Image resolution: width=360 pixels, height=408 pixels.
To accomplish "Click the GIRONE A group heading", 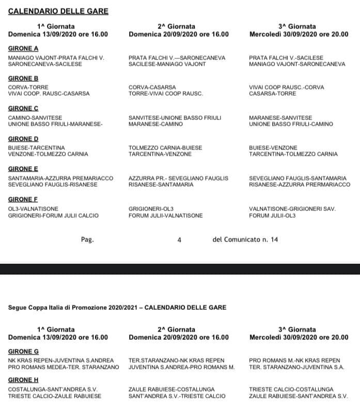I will pyautogui.click(x=23, y=49).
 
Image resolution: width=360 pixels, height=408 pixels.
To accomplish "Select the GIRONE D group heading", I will pyautogui.click(x=23, y=139).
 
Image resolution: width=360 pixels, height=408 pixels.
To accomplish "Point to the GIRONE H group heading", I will pyautogui.click(x=23, y=379).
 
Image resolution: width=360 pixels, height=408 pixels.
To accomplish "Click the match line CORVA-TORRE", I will pyautogui.click(x=28, y=87).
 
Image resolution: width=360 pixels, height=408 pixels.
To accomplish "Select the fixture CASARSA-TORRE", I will pyautogui.click(x=272, y=94).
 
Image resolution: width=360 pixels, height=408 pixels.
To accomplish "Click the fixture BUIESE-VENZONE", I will pyautogui.click(x=273, y=147).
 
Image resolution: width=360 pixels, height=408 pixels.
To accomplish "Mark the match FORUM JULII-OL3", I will pyautogui.click(x=272, y=215).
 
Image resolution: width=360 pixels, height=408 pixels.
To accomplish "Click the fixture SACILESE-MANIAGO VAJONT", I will pyautogui.click(x=167, y=64).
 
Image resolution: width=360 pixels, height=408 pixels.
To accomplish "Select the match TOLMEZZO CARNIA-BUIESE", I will pyautogui.click(x=165, y=147).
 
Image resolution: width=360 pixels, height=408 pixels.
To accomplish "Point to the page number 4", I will pyautogui.click(x=179, y=239).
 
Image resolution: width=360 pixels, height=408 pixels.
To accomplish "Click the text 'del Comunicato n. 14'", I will pyautogui.click(x=245, y=239).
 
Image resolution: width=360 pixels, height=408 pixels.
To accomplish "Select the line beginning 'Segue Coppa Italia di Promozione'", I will pyautogui.click(x=117, y=308).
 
